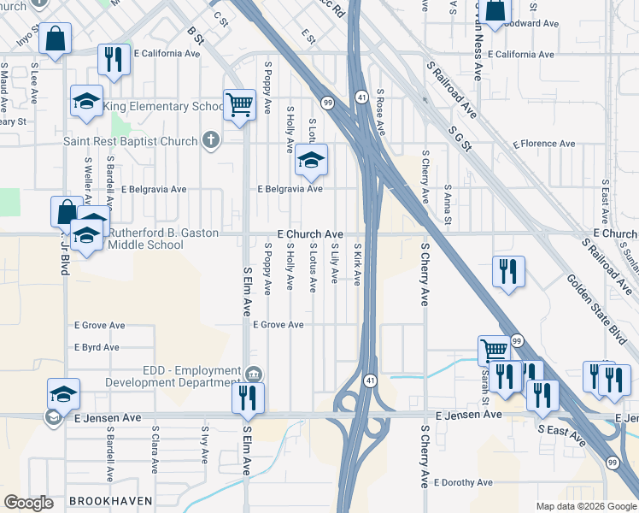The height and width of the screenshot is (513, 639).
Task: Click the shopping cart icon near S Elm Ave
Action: point(240,105)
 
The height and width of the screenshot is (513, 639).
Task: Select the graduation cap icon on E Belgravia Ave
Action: point(312,160)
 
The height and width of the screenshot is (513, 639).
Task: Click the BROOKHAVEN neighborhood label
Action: point(110,500)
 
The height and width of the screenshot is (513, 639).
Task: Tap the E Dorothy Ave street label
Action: point(463,482)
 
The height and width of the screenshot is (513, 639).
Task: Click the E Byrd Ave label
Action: point(97,348)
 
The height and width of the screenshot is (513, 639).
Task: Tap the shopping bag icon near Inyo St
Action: point(55,38)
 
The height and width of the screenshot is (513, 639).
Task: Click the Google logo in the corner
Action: point(28,503)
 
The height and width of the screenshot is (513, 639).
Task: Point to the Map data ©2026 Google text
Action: point(586,506)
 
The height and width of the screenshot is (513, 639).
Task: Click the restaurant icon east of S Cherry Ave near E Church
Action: point(508,271)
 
